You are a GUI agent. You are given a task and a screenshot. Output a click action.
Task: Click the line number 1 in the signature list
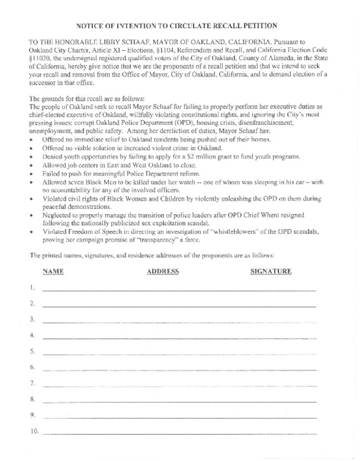[32, 287]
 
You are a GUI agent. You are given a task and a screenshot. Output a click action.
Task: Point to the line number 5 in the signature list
[32, 351]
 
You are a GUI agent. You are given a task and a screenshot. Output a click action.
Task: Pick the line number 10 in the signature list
[34, 431]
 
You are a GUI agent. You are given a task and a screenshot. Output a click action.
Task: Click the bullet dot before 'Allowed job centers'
[33, 166]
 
